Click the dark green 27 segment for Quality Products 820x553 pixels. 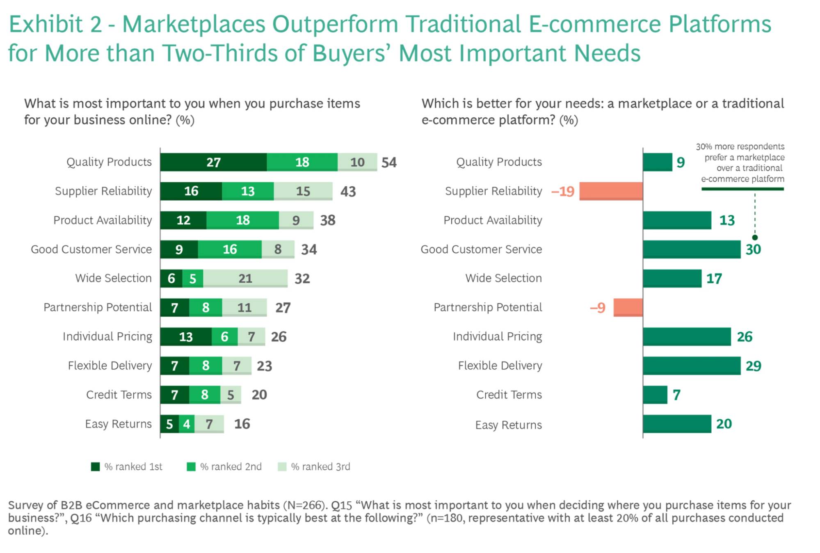(x=213, y=162)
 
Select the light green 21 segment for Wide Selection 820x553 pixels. (x=245, y=279)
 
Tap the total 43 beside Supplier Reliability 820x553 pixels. (x=348, y=192)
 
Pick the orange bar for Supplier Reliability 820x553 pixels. (x=611, y=191)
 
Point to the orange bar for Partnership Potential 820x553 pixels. (x=628, y=307)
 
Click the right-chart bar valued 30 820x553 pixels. (x=692, y=249)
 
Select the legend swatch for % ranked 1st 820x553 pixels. (x=95, y=467)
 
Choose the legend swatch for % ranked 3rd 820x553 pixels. (x=282, y=467)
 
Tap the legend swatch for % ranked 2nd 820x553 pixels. (x=191, y=467)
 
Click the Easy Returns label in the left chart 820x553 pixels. (x=118, y=424)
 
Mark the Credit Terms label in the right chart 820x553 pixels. (x=509, y=395)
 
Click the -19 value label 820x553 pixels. (x=563, y=192)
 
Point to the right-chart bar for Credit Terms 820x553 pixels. (x=655, y=395)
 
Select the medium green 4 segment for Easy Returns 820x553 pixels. (x=187, y=424)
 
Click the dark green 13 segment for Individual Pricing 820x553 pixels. (x=186, y=337)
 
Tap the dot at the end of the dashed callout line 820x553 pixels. (x=755, y=238)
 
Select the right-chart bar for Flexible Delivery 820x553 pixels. (x=692, y=366)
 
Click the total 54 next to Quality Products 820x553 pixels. (x=389, y=162)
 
